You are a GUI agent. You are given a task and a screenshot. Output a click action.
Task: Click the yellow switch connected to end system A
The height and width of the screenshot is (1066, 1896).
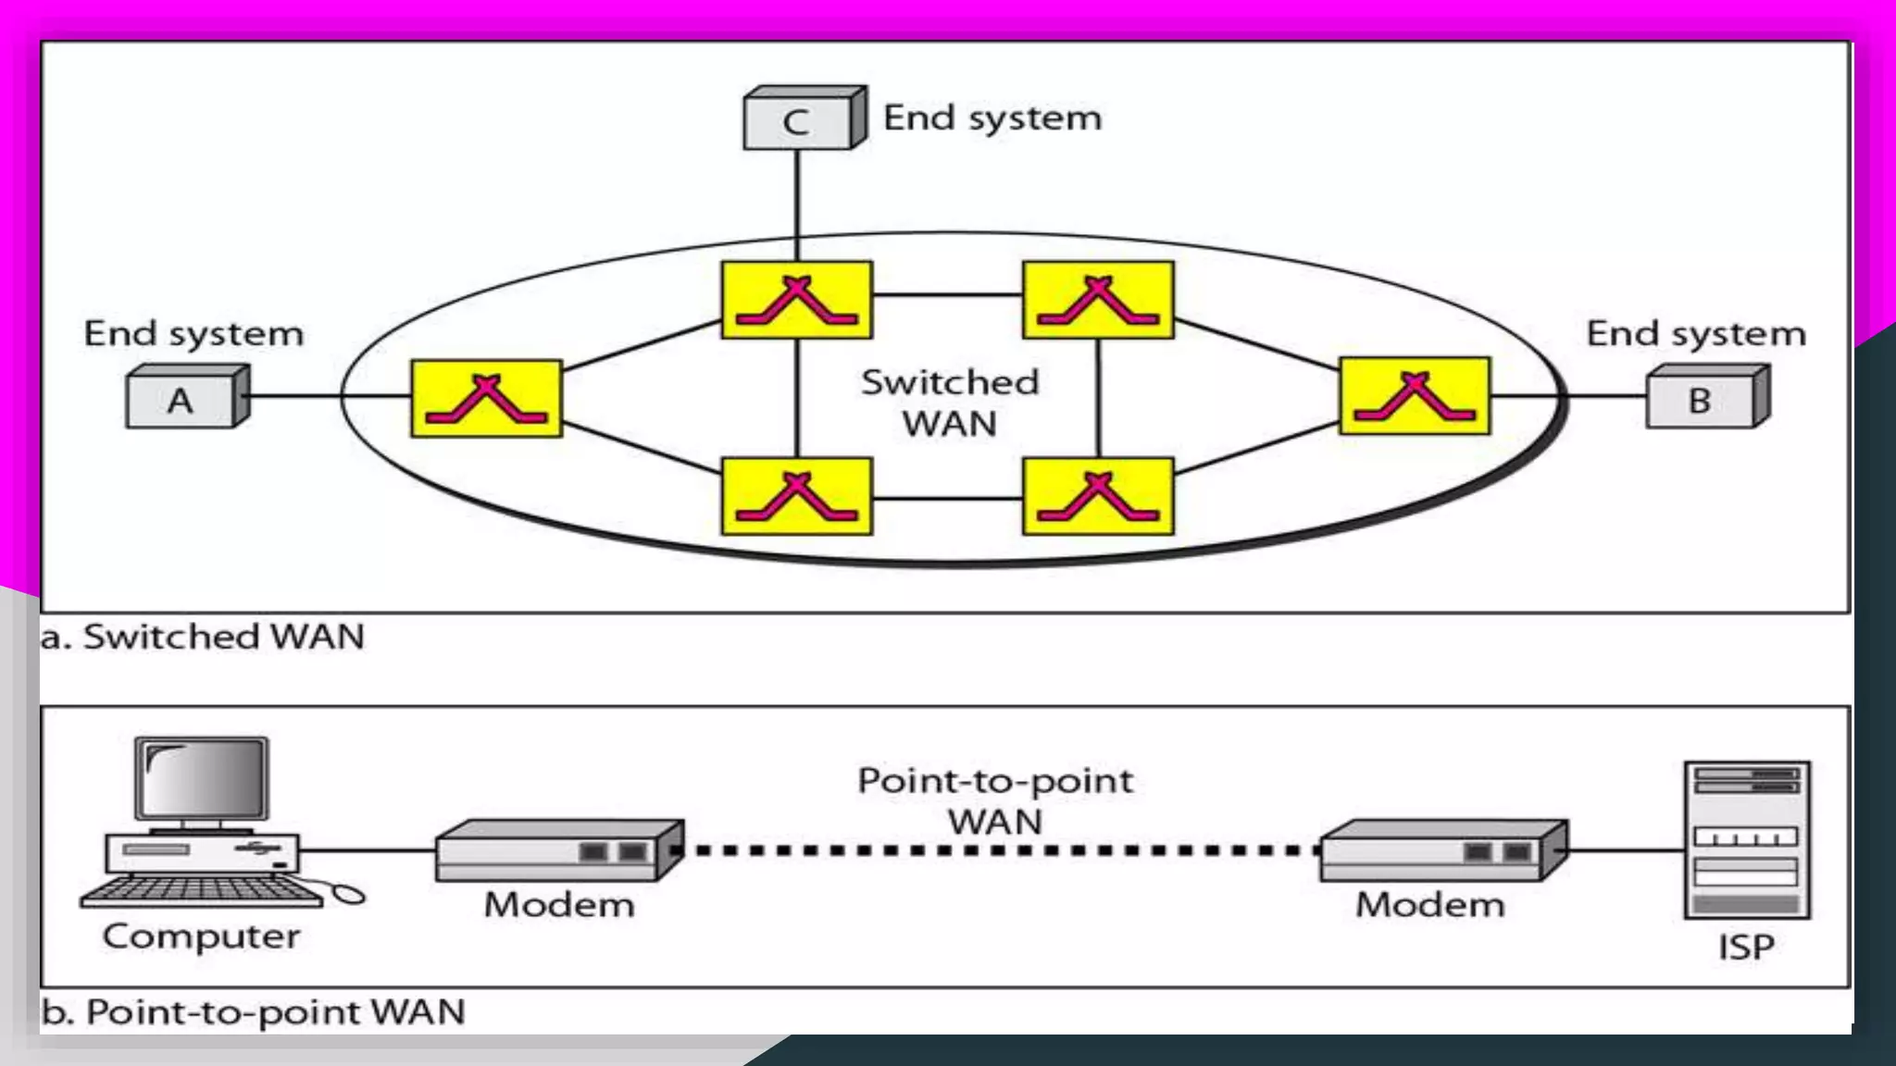pyautogui.click(x=486, y=399)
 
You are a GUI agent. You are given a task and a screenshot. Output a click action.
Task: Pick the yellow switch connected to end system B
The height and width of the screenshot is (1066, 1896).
pyautogui.click(x=1415, y=396)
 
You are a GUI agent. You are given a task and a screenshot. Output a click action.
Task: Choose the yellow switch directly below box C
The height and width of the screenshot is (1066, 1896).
pyautogui.click(x=796, y=300)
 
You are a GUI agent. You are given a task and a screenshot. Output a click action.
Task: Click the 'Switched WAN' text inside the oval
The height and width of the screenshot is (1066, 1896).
pyautogui.click(x=950, y=403)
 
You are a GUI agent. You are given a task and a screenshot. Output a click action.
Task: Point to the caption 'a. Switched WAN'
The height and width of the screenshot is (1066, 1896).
pyautogui.click(x=203, y=637)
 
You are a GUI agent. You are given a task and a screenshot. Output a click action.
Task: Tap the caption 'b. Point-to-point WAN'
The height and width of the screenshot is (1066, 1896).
pyautogui.click(x=253, y=1011)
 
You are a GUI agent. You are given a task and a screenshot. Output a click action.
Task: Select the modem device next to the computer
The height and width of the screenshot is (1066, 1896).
pyautogui.click(x=558, y=850)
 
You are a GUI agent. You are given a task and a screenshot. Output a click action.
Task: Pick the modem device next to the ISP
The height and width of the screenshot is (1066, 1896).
pyautogui.click(x=1442, y=850)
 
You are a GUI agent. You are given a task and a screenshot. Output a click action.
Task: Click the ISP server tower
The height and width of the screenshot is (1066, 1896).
pyautogui.click(x=1746, y=839)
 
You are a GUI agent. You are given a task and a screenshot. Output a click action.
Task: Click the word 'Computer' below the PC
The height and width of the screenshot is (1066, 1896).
pyautogui.click(x=201, y=936)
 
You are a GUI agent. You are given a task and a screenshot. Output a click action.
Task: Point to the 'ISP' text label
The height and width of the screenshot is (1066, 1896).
pyautogui.click(x=1746, y=948)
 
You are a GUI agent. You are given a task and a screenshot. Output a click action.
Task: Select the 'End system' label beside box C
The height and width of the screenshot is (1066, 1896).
pyautogui.click(x=992, y=118)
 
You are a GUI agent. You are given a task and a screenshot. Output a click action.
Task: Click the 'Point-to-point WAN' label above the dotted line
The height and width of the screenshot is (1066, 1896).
pyautogui.click(x=995, y=801)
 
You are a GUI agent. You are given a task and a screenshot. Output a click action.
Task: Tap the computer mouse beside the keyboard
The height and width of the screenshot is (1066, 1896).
pyautogui.click(x=349, y=894)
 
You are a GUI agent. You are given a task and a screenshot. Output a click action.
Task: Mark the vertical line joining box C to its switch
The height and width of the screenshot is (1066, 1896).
pyautogui.click(x=797, y=205)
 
